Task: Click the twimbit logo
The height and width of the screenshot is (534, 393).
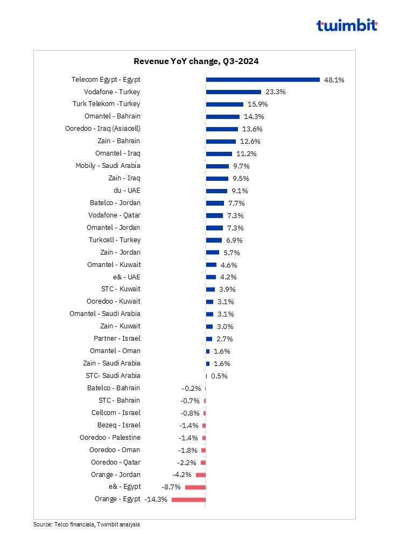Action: coord(347,25)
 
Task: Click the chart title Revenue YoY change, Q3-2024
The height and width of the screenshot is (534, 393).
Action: coord(196,61)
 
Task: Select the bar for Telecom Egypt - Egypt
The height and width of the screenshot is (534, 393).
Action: coord(263,80)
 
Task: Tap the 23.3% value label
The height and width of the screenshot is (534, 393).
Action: coord(276,92)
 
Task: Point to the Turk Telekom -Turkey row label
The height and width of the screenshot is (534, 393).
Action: coord(106,104)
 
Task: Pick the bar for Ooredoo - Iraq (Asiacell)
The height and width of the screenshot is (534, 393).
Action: coord(222,129)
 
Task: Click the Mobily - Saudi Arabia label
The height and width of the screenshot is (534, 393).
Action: coord(108,166)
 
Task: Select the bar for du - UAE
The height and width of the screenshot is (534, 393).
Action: coord(216,191)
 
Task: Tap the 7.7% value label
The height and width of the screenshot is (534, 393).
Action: coord(237,203)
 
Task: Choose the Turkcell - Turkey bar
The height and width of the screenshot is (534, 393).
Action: coord(214,241)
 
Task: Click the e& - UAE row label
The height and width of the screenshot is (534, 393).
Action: coord(127,277)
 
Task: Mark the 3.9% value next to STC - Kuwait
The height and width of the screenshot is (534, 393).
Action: coord(228,290)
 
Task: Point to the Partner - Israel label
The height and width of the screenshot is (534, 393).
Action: coord(117,339)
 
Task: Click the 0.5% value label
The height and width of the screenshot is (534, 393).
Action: coord(219,376)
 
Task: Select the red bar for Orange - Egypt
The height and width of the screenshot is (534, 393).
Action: coord(188,500)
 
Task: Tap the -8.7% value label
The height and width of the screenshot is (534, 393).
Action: coord(171,487)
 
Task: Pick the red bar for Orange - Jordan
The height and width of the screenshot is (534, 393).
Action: coord(201,475)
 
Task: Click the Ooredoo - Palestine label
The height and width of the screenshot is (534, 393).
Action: coord(110,438)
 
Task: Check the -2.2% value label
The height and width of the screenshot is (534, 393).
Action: coord(187,463)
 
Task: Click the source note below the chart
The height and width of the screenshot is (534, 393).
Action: coord(87,524)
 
